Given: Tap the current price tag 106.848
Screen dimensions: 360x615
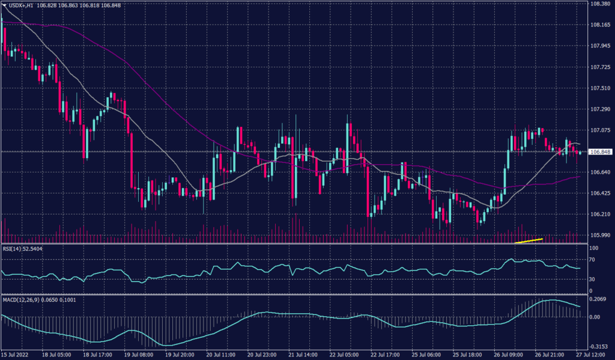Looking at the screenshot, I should click(x=600, y=152).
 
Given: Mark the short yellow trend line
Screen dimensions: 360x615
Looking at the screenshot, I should click(x=529, y=241).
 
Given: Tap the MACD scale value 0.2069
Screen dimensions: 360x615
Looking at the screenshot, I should click(x=599, y=299).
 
